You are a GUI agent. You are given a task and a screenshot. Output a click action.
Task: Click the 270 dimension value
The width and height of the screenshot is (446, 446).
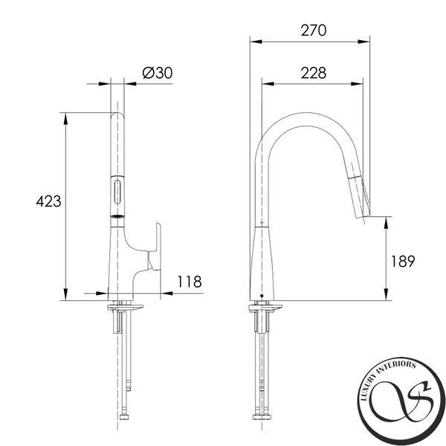pyautogui.click(x=314, y=30)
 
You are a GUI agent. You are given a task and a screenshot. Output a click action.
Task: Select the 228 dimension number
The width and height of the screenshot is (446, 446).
pyautogui.click(x=314, y=73)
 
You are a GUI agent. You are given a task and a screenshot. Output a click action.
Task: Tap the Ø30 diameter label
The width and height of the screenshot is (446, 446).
pyautogui.click(x=158, y=73)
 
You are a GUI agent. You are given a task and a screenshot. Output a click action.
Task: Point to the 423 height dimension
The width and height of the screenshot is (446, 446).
pyautogui.click(x=48, y=201)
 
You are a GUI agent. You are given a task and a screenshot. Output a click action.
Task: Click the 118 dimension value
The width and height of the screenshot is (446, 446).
pyautogui.click(x=190, y=282)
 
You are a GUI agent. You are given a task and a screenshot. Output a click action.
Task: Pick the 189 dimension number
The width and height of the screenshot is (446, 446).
pyautogui.click(x=403, y=262)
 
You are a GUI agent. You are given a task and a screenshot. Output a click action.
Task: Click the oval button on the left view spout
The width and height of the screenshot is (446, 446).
pyautogui.click(x=117, y=193)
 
